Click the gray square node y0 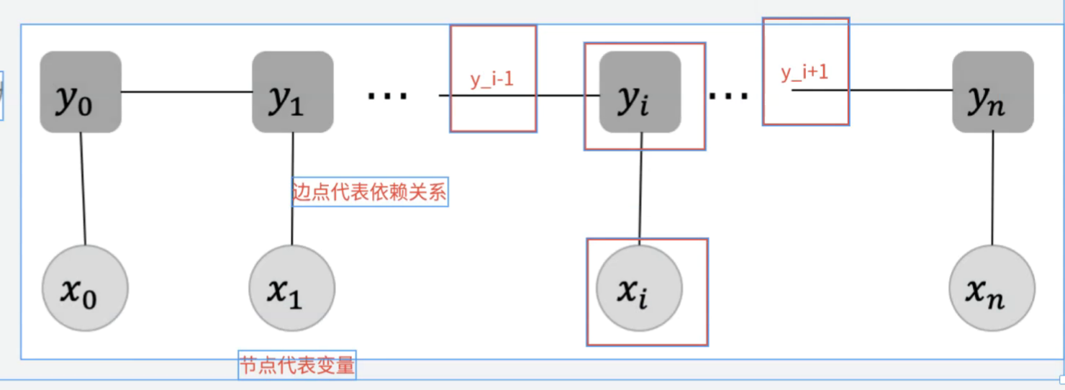[80, 91]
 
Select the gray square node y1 [292, 91]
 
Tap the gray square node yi [640, 91]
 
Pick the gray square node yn [993, 91]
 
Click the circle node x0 [85, 288]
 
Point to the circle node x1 [291, 288]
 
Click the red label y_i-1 [492, 79]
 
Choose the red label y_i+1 [805, 73]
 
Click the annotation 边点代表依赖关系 [370, 192]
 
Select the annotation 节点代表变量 [297, 365]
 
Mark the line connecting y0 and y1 [186, 92]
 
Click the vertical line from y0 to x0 [83, 189]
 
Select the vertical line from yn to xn [993, 189]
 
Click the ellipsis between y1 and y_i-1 [387, 94]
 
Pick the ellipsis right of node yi [729, 94]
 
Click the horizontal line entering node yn [899, 90]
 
